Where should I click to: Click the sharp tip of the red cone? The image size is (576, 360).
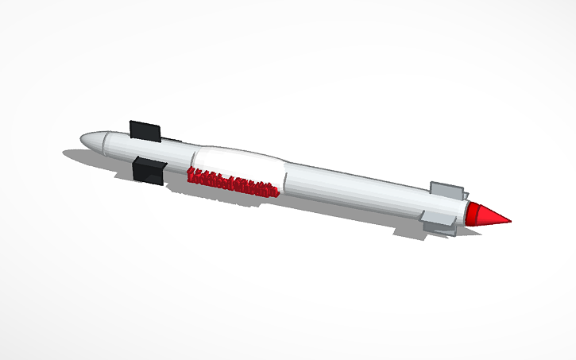pos(509,221)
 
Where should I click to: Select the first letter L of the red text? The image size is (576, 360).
pos(191,175)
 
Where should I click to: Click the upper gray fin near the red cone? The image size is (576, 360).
pos(446,190)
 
